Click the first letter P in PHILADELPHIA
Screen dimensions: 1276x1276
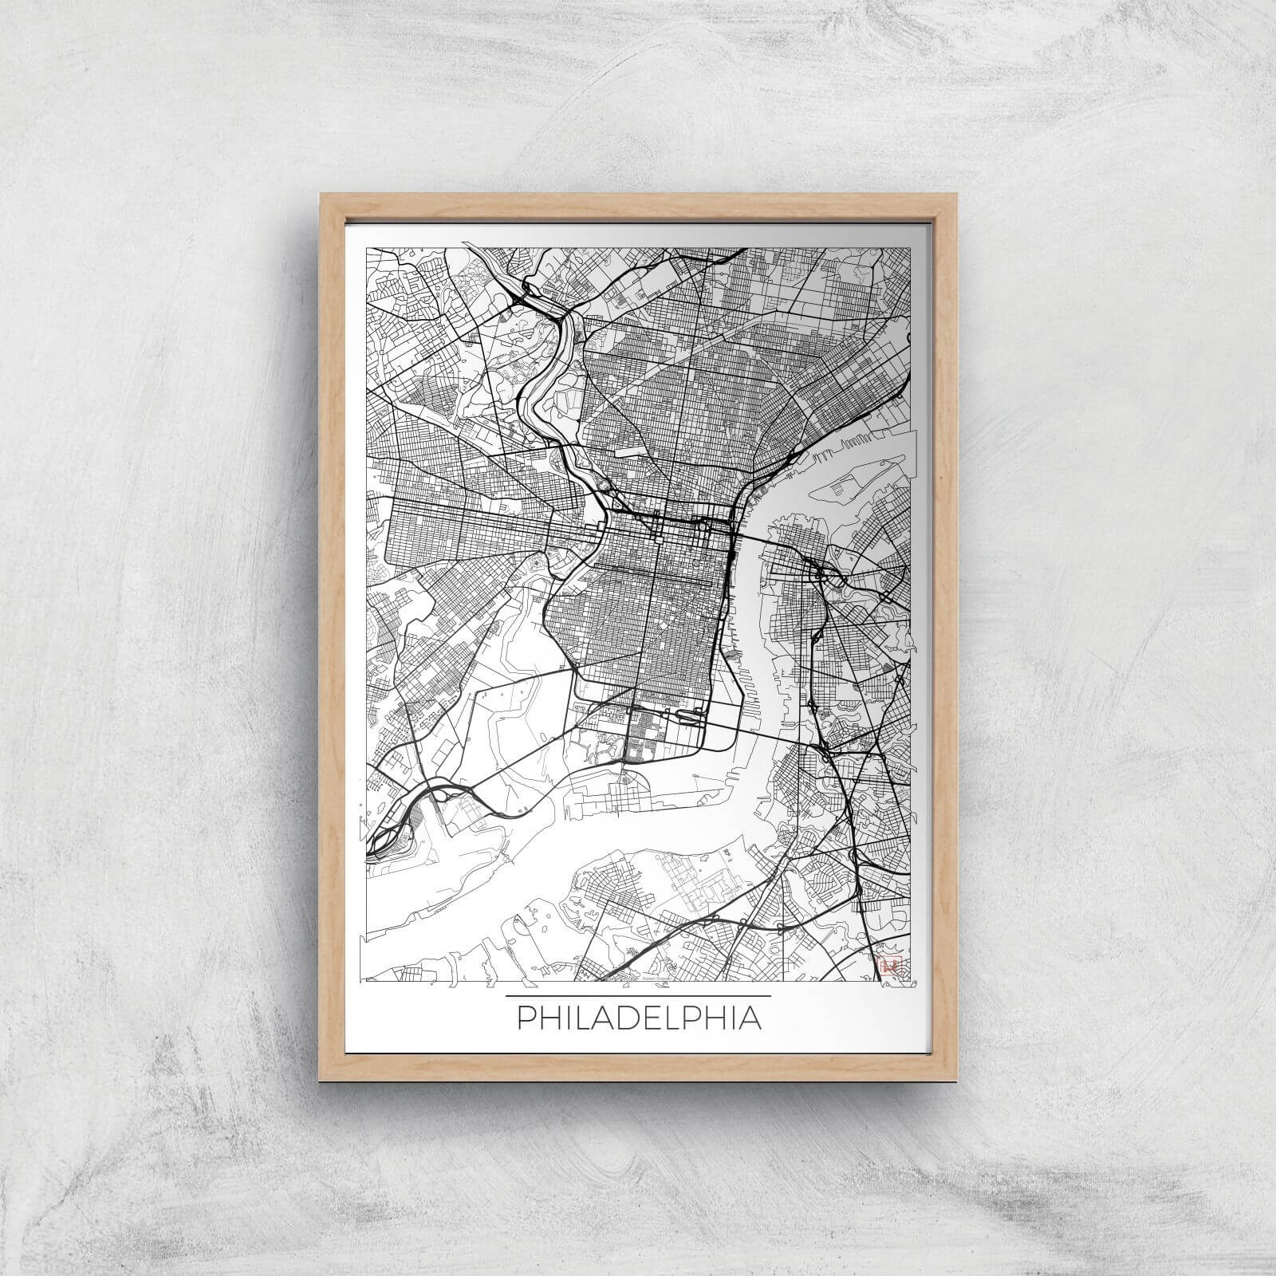pos(526,1019)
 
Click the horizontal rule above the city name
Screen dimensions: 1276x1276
pos(638,996)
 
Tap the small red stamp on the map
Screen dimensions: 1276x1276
pos(888,965)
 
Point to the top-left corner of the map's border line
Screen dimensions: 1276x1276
pos(366,248)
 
